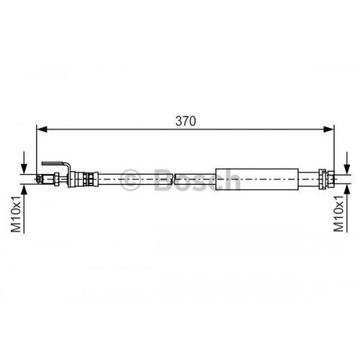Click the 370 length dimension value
[x=185, y=122]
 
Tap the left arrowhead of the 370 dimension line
[x=42, y=130]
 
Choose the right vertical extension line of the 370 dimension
[x=336, y=148]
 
